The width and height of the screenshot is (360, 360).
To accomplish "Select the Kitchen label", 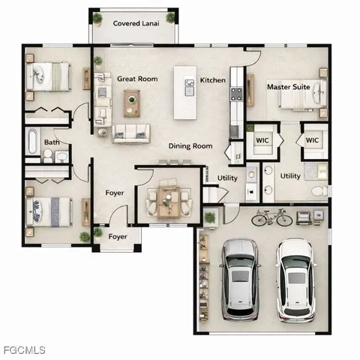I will [212, 80].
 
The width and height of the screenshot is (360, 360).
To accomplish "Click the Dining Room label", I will [190, 146].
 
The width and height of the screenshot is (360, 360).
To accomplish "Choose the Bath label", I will [52, 142].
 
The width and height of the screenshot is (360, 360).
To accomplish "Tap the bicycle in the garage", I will [271, 218].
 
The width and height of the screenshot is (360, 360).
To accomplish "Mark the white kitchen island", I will [184, 93].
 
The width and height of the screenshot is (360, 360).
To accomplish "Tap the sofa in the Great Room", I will [130, 133].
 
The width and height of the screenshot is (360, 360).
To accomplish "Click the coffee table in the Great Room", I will [132, 98].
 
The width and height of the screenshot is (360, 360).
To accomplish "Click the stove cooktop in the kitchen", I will [236, 94].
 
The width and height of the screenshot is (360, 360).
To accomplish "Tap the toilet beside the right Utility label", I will [318, 192].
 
